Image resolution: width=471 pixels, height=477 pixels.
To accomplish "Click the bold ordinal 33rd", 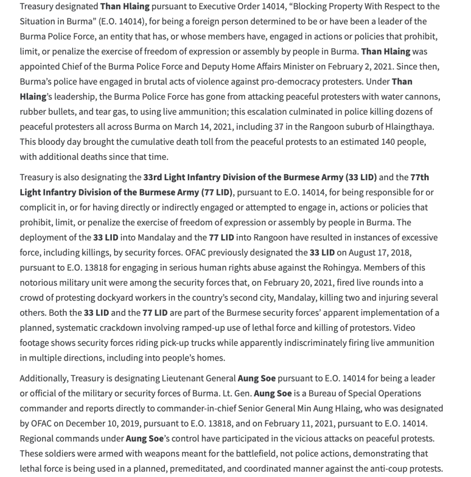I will (x=153, y=177).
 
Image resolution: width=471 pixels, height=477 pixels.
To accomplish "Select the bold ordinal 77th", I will (x=420, y=177).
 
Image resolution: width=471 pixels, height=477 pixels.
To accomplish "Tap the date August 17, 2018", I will (x=380, y=252).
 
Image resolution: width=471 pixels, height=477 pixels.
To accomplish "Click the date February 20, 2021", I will (x=300, y=282).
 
